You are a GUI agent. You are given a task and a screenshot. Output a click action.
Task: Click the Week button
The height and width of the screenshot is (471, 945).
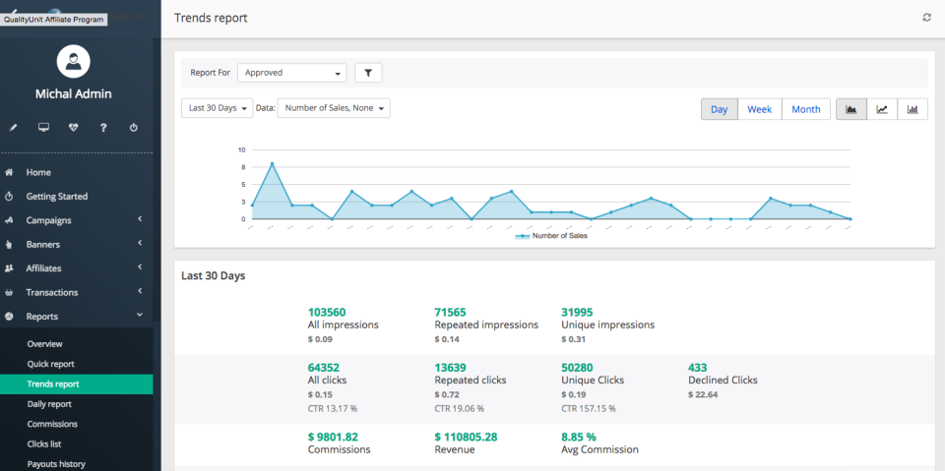759,109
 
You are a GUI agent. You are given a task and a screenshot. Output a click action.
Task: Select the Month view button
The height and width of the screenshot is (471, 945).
805,109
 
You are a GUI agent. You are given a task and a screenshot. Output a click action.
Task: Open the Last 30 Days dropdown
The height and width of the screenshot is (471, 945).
217,108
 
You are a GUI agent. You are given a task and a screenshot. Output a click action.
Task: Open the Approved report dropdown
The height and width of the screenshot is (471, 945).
292,73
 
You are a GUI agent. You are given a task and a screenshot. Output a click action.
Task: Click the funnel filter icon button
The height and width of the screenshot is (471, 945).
368,73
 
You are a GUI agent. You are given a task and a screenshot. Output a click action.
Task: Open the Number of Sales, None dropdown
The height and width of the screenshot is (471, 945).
334,108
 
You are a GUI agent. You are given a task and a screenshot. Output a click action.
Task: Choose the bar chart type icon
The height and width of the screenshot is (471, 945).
913,109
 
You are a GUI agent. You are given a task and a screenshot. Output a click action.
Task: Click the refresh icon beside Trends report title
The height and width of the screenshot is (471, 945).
926,18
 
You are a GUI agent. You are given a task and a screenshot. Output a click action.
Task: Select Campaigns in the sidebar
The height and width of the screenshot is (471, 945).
48,220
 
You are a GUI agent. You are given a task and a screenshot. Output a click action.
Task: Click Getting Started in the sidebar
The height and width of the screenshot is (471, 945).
56,197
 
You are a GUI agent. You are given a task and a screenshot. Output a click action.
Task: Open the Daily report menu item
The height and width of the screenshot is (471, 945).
49,404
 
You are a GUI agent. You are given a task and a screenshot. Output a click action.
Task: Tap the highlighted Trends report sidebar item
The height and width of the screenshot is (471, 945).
53,383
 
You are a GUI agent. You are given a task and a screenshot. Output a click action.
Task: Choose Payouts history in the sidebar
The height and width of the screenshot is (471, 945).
56,464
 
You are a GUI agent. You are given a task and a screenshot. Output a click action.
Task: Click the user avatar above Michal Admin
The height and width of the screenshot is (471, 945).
74,62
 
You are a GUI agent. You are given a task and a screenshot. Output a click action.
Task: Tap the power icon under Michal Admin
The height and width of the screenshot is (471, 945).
133,127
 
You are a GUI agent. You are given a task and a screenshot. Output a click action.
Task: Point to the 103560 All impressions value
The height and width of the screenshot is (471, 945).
327,312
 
